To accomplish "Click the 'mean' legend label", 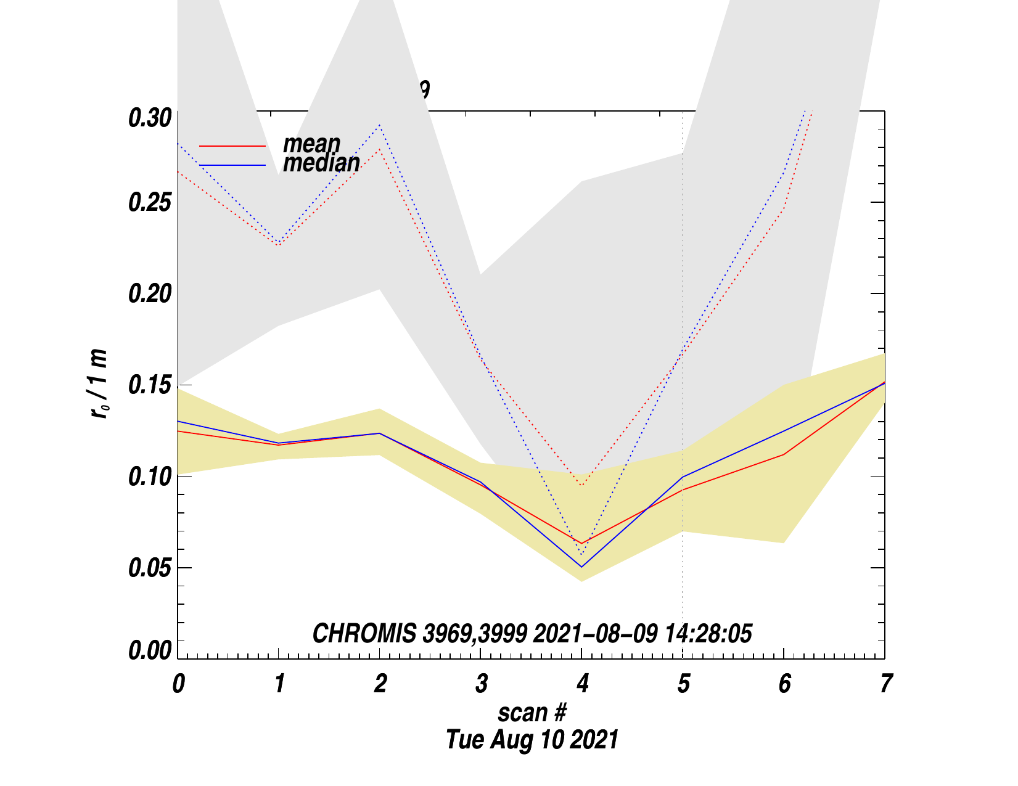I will [311, 144].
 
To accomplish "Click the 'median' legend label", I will [321, 163].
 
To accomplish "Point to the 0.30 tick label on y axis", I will [149, 118].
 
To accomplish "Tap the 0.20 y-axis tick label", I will [149, 294].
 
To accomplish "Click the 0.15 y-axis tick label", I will [149, 385].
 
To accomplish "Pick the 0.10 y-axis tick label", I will [149, 477].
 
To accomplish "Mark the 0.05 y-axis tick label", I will [149, 568].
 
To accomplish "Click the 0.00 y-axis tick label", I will [149, 651].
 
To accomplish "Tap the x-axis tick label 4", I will [582, 684].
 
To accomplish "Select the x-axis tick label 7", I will [885, 684].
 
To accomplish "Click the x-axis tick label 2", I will [380, 684].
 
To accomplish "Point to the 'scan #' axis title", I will [532, 713].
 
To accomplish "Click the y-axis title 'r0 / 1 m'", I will [99, 383].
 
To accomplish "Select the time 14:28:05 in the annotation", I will [708, 634].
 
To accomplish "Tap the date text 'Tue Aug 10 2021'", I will [532, 739].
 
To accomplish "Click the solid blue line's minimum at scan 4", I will [581, 567].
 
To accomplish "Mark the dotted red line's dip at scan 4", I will [581, 485].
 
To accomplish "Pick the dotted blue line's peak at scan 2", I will [380, 125].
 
